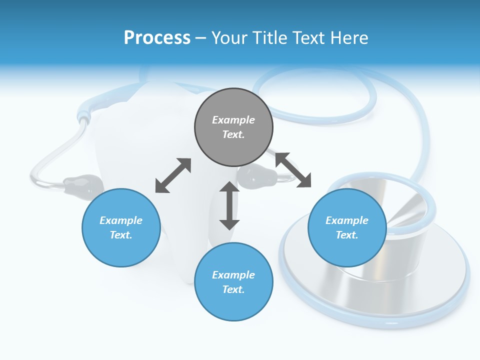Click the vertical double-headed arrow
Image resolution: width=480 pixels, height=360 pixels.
pyautogui.click(x=229, y=205)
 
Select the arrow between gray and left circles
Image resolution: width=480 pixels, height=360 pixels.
pyautogui.click(x=173, y=175)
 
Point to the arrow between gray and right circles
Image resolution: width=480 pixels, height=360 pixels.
pyautogui.click(x=293, y=170)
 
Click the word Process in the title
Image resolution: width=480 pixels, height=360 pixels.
pyautogui.click(x=157, y=37)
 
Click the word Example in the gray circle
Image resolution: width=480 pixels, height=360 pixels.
pyautogui.click(x=233, y=120)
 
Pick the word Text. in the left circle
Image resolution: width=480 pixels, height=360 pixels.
pyautogui.click(x=121, y=235)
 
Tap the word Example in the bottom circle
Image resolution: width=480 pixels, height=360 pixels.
pyautogui.click(x=233, y=275)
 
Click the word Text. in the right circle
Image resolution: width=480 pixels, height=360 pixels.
pyautogui.click(x=347, y=235)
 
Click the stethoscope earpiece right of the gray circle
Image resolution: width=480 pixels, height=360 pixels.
pyautogui.click(x=258, y=176)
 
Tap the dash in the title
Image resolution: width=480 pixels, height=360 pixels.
pyautogui.click(x=201, y=38)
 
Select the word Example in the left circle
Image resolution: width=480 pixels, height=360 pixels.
pyautogui.click(x=121, y=220)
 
